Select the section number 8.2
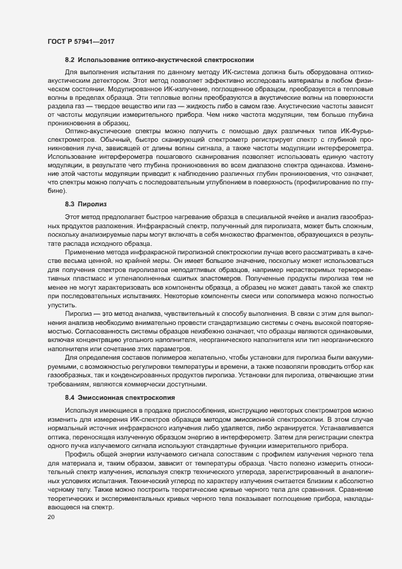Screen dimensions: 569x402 coord(69,60)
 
